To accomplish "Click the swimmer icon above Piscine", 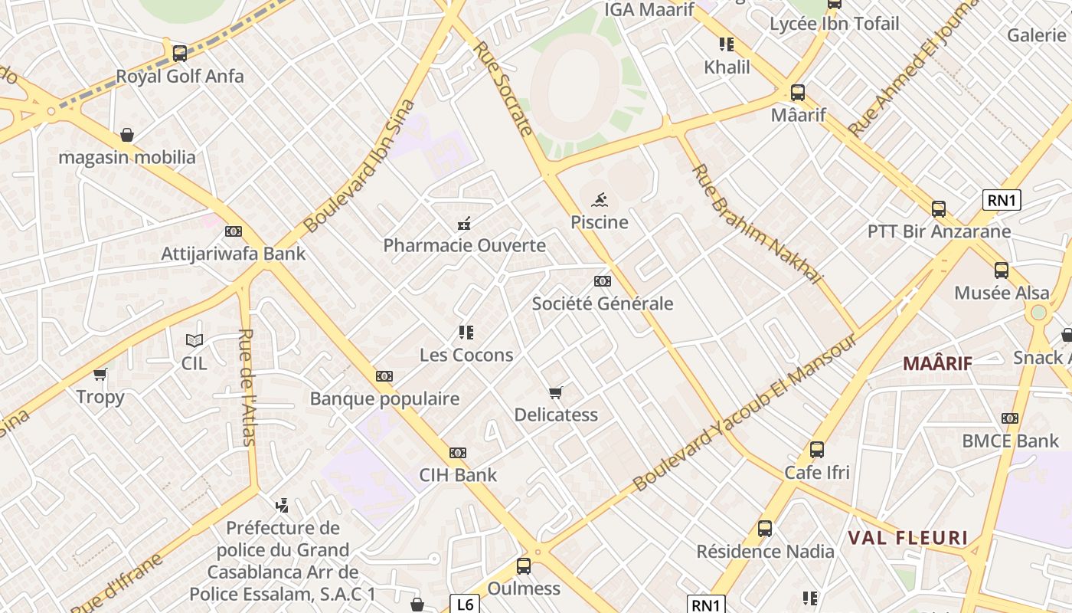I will pyautogui.click(x=600, y=201).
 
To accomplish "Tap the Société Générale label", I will pyautogui.click(x=603, y=303).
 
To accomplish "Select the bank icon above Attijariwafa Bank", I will pyautogui.click(x=234, y=231).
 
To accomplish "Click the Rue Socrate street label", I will pyautogui.click(x=503, y=88).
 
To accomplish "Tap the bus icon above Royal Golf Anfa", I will pyautogui.click(x=180, y=53).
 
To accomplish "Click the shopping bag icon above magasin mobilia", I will pyautogui.click(x=127, y=135).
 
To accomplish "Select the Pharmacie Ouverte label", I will pyautogui.click(x=464, y=246).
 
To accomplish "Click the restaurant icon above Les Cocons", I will pyautogui.click(x=466, y=333).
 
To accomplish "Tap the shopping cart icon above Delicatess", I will pyautogui.click(x=556, y=393).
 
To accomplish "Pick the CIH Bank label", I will pyautogui.click(x=458, y=475).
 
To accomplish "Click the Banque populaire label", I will pyautogui.click(x=384, y=398).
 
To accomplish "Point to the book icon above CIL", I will pyautogui.click(x=194, y=340).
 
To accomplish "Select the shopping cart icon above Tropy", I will pyautogui.click(x=100, y=374).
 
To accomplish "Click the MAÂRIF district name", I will pyautogui.click(x=937, y=364).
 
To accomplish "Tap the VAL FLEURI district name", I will pyautogui.click(x=907, y=538).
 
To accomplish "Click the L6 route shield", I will pyautogui.click(x=465, y=605).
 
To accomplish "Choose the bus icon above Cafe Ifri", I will pyautogui.click(x=817, y=450).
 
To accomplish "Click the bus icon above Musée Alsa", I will pyautogui.click(x=1002, y=270).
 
